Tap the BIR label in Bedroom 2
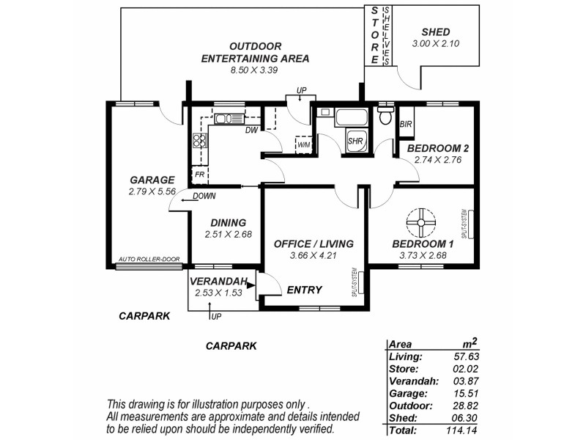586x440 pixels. tap(405, 125)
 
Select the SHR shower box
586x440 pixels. tap(355, 141)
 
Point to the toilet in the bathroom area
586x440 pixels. tap(385, 117)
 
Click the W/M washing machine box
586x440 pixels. tap(303, 144)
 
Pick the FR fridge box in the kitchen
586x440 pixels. tap(199, 175)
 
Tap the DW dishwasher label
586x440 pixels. tap(251, 131)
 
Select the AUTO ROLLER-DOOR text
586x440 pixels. tap(149, 260)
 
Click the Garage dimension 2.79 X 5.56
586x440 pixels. tap(152, 191)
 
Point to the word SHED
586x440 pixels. tap(437, 32)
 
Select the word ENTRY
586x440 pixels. tap(304, 290)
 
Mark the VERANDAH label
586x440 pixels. tap(217, 281)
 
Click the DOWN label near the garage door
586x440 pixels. tap(204, 197)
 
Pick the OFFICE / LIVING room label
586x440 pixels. tap(314, 243)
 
